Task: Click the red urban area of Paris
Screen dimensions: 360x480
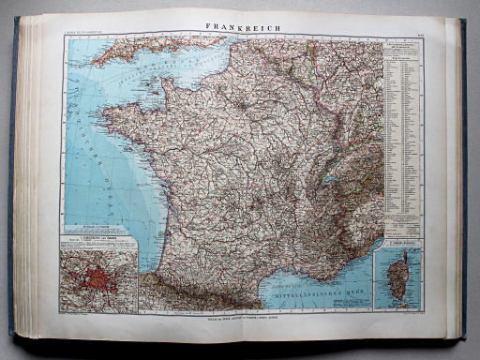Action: click(97, 278)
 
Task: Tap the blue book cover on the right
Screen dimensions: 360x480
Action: click(462, 178)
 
